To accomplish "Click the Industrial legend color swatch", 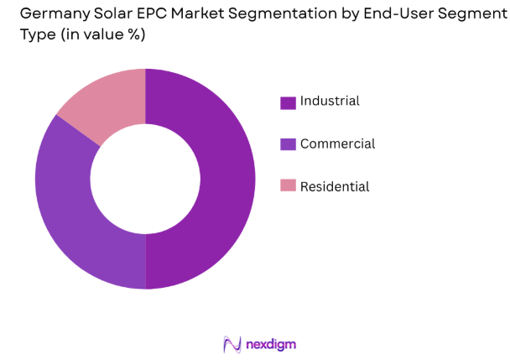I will pos(288,102).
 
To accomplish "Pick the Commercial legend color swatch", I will pos(288,144).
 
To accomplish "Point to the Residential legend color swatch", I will pos(288,186).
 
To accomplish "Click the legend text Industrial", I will pos(330,102).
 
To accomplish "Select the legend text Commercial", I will pos(337,143).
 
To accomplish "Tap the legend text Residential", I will pos(335,186).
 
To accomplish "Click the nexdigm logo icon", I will pos(232,344).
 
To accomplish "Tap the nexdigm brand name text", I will pos(270,344).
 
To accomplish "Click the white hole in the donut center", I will pos(145,179).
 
